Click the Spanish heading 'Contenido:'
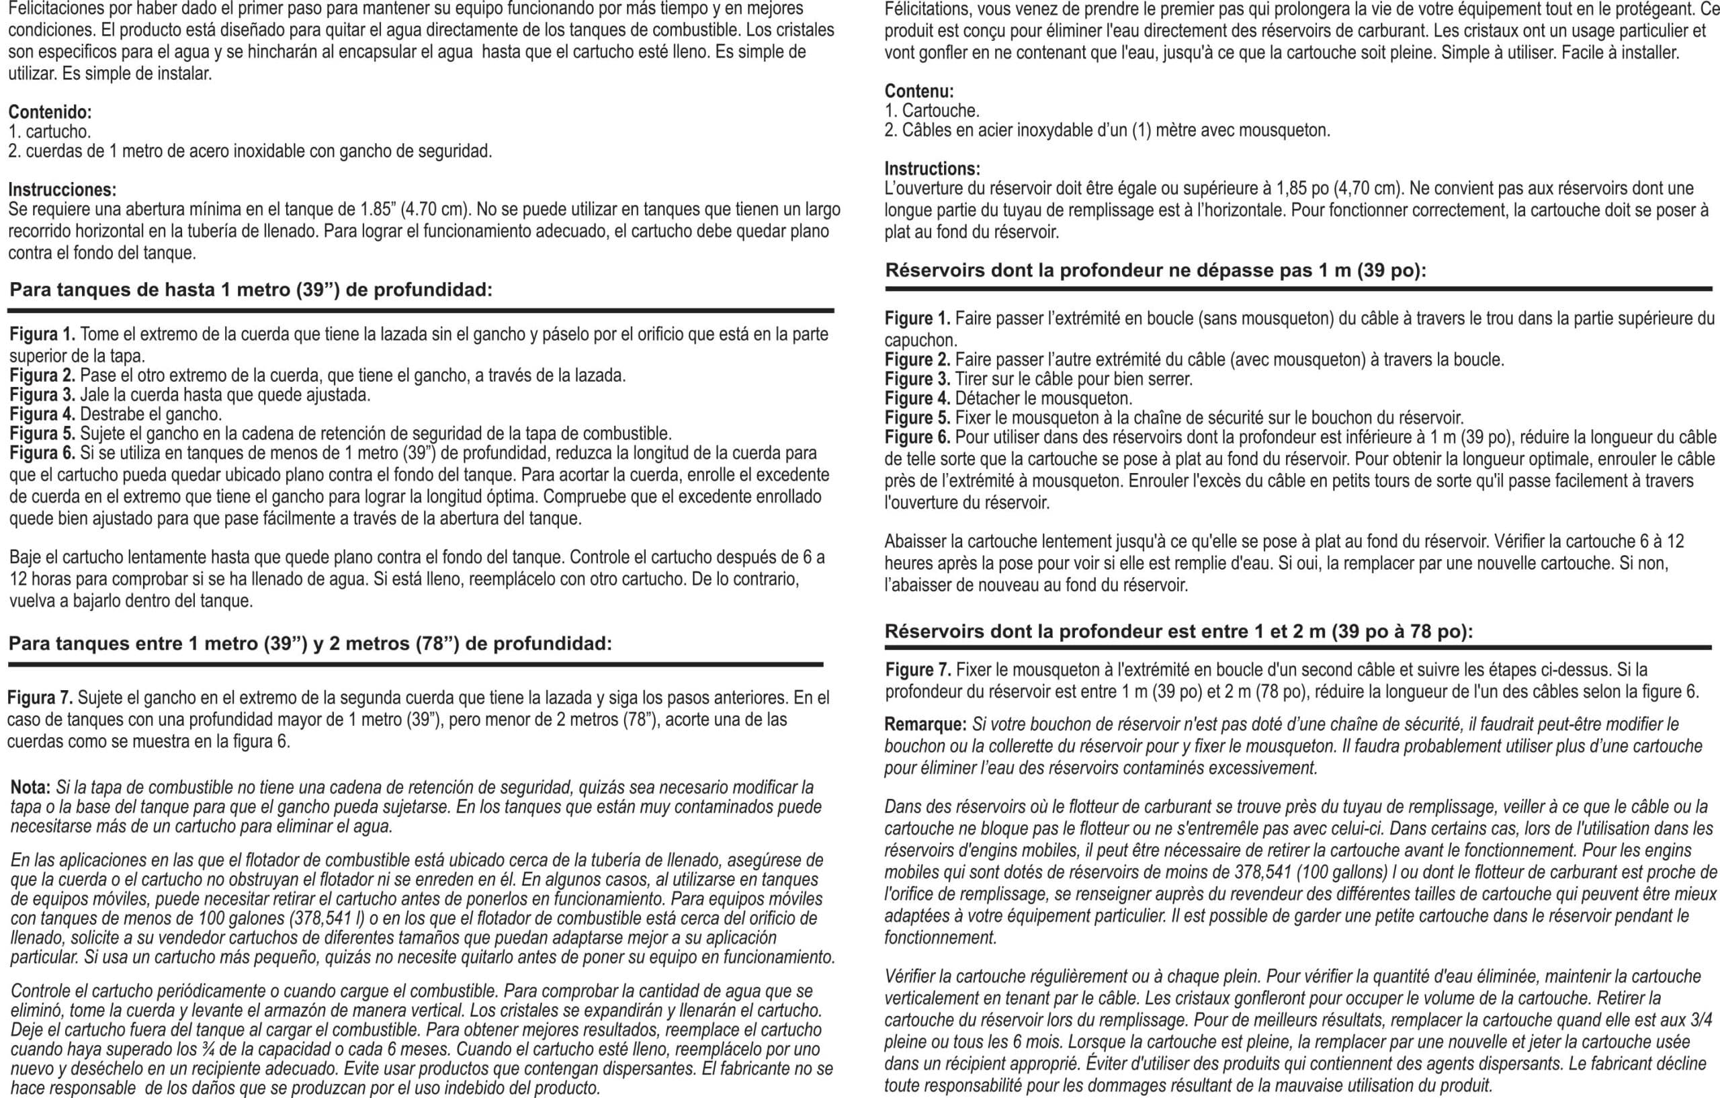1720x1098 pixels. [x=49, y=112]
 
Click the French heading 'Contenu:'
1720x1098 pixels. [x=919, y=91]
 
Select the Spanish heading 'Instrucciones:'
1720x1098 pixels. [x=62, y=190]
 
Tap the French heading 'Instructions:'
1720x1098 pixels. [x=932, y=169]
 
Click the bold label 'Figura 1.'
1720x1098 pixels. [x=42, y=335]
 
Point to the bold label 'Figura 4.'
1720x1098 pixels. [x=42, y=415]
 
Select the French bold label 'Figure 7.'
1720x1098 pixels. [x=918, y=670]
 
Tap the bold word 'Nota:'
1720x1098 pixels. [x=30, y=788]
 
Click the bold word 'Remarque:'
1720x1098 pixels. [x=925, y=724]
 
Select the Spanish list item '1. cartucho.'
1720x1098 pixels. [x=49, y=132]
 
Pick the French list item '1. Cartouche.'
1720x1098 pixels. [x=931, y=111]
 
